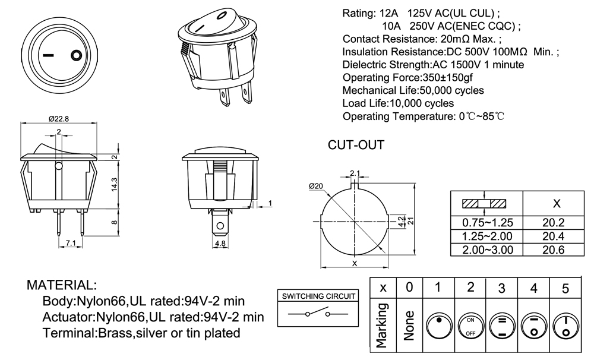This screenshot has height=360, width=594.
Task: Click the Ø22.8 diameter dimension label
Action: coord(58,118)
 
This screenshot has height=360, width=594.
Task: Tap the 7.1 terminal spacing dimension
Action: coord(70,244)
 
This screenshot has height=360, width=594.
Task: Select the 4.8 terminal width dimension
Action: coord(220,244)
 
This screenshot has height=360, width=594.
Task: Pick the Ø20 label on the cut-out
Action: coord(315,186)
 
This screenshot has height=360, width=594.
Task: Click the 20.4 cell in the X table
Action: coord(557,236)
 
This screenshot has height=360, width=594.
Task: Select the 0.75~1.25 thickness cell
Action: coord(487,223)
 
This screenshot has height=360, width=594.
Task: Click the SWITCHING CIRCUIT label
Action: coord(318,296)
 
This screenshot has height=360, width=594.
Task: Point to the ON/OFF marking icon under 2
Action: coord(470,326)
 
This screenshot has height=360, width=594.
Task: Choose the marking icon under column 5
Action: coord(565,326)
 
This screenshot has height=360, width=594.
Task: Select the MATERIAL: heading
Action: coord(62,285)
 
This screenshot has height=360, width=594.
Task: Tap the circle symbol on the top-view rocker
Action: coord(75,56)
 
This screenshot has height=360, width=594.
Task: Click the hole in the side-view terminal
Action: coord(220,226)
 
